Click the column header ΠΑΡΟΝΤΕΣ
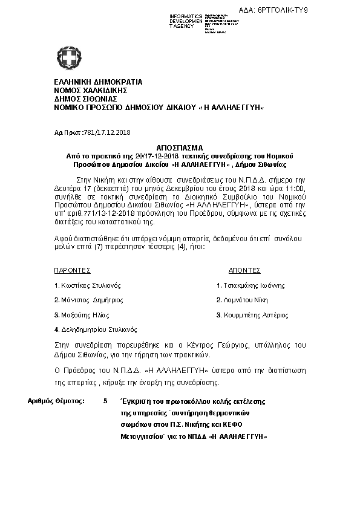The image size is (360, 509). pyautogui.click(x=73, y=270)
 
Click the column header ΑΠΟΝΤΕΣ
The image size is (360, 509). pyautogui.click(x=244, y=270)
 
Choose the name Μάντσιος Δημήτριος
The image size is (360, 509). pyautogui.click(x=91, y=300)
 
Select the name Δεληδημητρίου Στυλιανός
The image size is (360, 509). pyautogui.click(x=99, y=330)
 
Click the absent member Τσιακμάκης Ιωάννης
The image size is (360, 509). pyautogui.click(x=253, y=285)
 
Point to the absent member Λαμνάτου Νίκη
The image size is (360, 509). pyautogui.click(x=244, y=300)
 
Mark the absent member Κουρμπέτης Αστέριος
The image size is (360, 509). pyautogui.click(x=255, y=315)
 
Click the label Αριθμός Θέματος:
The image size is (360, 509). pyautogui.click(x=57, y=401)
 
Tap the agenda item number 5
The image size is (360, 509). pyautogui.click(x=106, y=401)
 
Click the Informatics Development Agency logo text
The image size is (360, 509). pyautogui.click(x=185, y=21)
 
